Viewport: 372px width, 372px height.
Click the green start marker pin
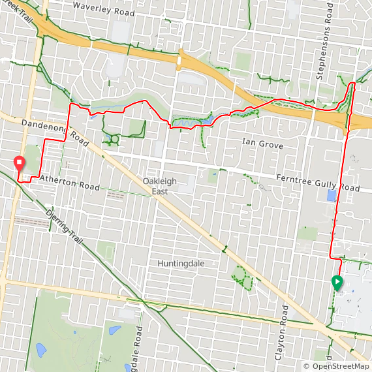(337, 282)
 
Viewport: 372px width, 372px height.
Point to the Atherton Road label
(69, 182)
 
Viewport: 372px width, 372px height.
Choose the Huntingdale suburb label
(181, 263)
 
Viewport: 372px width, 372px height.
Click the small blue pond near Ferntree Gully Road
(332, 195)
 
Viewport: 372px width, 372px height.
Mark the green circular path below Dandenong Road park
(115, 138)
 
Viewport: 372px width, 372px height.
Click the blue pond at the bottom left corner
(41, 350)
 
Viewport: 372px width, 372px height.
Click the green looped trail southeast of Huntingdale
(243, 279)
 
